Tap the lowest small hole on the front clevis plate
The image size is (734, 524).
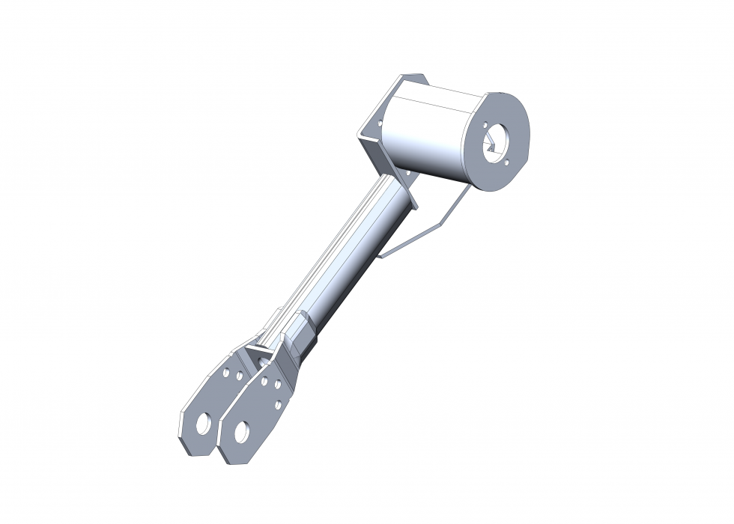pos(278,404)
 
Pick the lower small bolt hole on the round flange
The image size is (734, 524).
pos(506,158)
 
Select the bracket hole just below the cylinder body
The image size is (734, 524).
pos(409,174)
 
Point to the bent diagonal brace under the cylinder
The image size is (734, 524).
pos(427,225)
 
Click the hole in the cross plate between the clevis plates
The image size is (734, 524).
pos(263,362)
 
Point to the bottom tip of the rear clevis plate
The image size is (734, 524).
pos(191,448)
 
